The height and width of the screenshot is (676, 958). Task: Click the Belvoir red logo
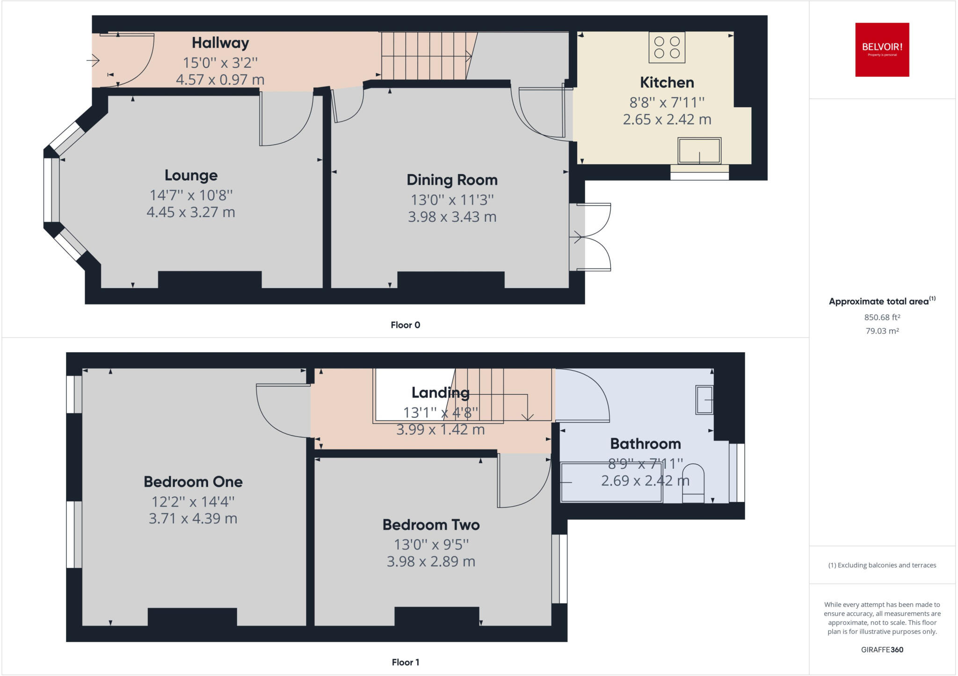(x=882, y=50)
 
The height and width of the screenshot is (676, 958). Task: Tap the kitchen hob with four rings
(x=667, y=47)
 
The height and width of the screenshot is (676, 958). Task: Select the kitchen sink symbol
(x=699, y=150)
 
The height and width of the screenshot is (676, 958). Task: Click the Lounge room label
(x=191, y=175)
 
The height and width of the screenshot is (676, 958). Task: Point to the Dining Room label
(x=452, y=180)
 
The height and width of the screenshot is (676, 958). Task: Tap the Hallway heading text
(x=220, y=43)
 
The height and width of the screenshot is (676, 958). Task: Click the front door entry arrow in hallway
(x=93, y=60)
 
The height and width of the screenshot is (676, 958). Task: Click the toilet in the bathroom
(x=693, y=483)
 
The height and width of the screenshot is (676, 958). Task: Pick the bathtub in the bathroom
(x=611, y=482)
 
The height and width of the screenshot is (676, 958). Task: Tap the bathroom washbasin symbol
(x=704, y=400)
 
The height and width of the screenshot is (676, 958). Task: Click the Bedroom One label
(x=193, y=482)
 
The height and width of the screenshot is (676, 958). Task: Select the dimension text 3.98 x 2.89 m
(x=431, y=561)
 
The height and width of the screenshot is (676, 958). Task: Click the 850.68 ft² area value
(x=882, y=317)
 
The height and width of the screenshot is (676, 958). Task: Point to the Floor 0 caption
(x=405, y=325)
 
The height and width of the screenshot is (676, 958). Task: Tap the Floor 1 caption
(x=405, y=662)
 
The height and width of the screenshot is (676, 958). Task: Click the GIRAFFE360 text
(x=882, y=649)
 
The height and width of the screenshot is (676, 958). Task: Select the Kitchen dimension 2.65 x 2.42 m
(x=667, y=120)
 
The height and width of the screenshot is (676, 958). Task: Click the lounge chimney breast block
(x=210, y=280)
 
